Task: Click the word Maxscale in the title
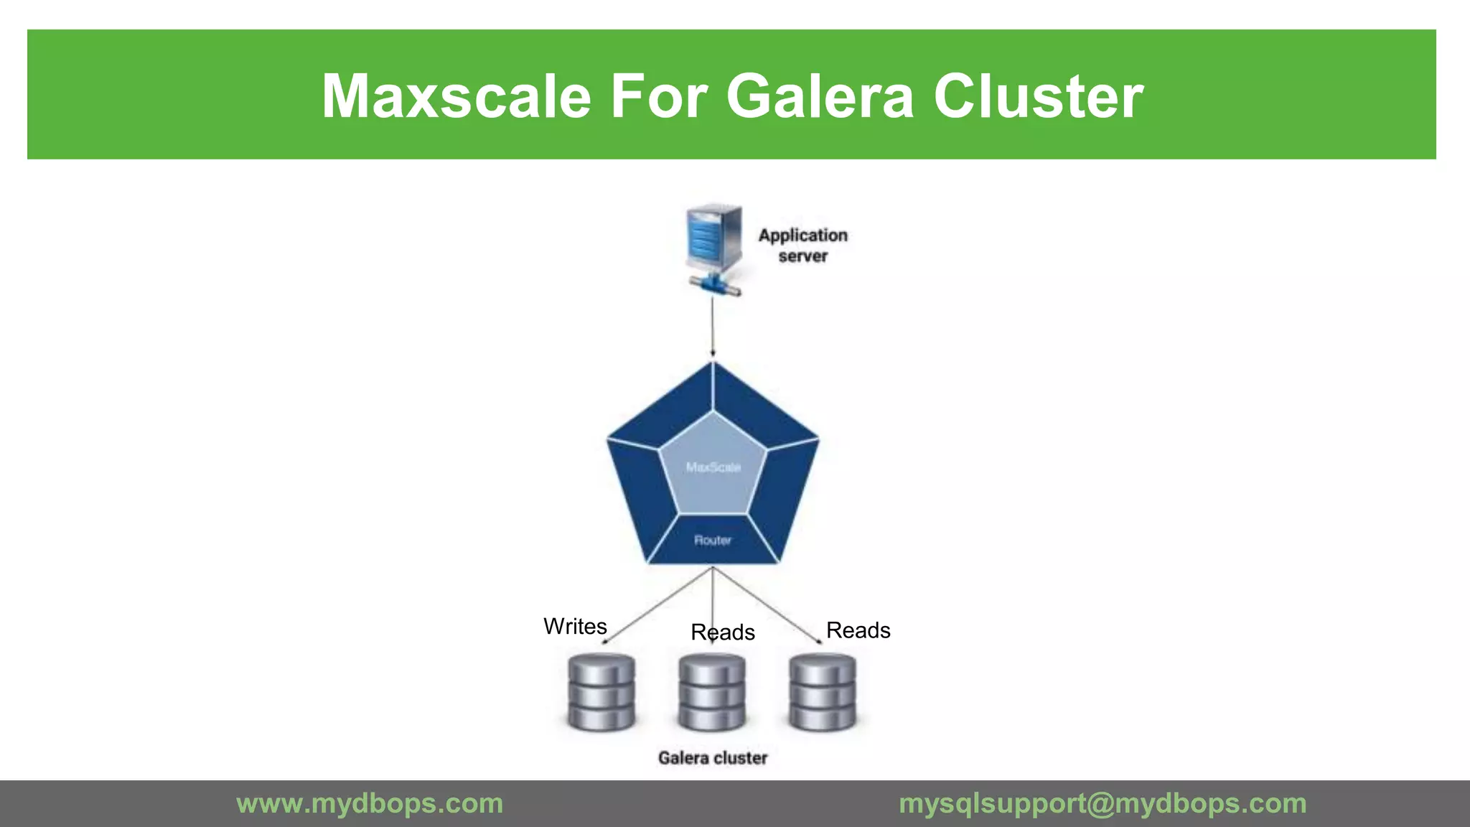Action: pos(456,96)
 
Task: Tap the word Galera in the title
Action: pos(820,96)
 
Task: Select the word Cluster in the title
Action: pos(1038,96)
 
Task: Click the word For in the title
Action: pos(657,96)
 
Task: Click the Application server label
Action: pos(803,246)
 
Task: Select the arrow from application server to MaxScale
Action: pos(713,327)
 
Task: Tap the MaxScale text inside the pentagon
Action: pos(713,467)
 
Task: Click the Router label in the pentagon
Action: pos(713,540)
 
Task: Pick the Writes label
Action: pos(575,627)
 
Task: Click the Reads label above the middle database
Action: pos(723,632)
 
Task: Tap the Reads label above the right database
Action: pos(858,630)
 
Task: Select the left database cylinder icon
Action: pos(601,692)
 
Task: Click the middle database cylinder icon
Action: pos(712,692)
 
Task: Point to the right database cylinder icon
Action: pos(823,692)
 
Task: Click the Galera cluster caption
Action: pos(713,758)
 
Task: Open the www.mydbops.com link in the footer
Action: pos(370,803)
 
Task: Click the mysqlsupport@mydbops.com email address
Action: pos(1102,803)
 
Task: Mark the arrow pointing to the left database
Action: pos(657,605)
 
